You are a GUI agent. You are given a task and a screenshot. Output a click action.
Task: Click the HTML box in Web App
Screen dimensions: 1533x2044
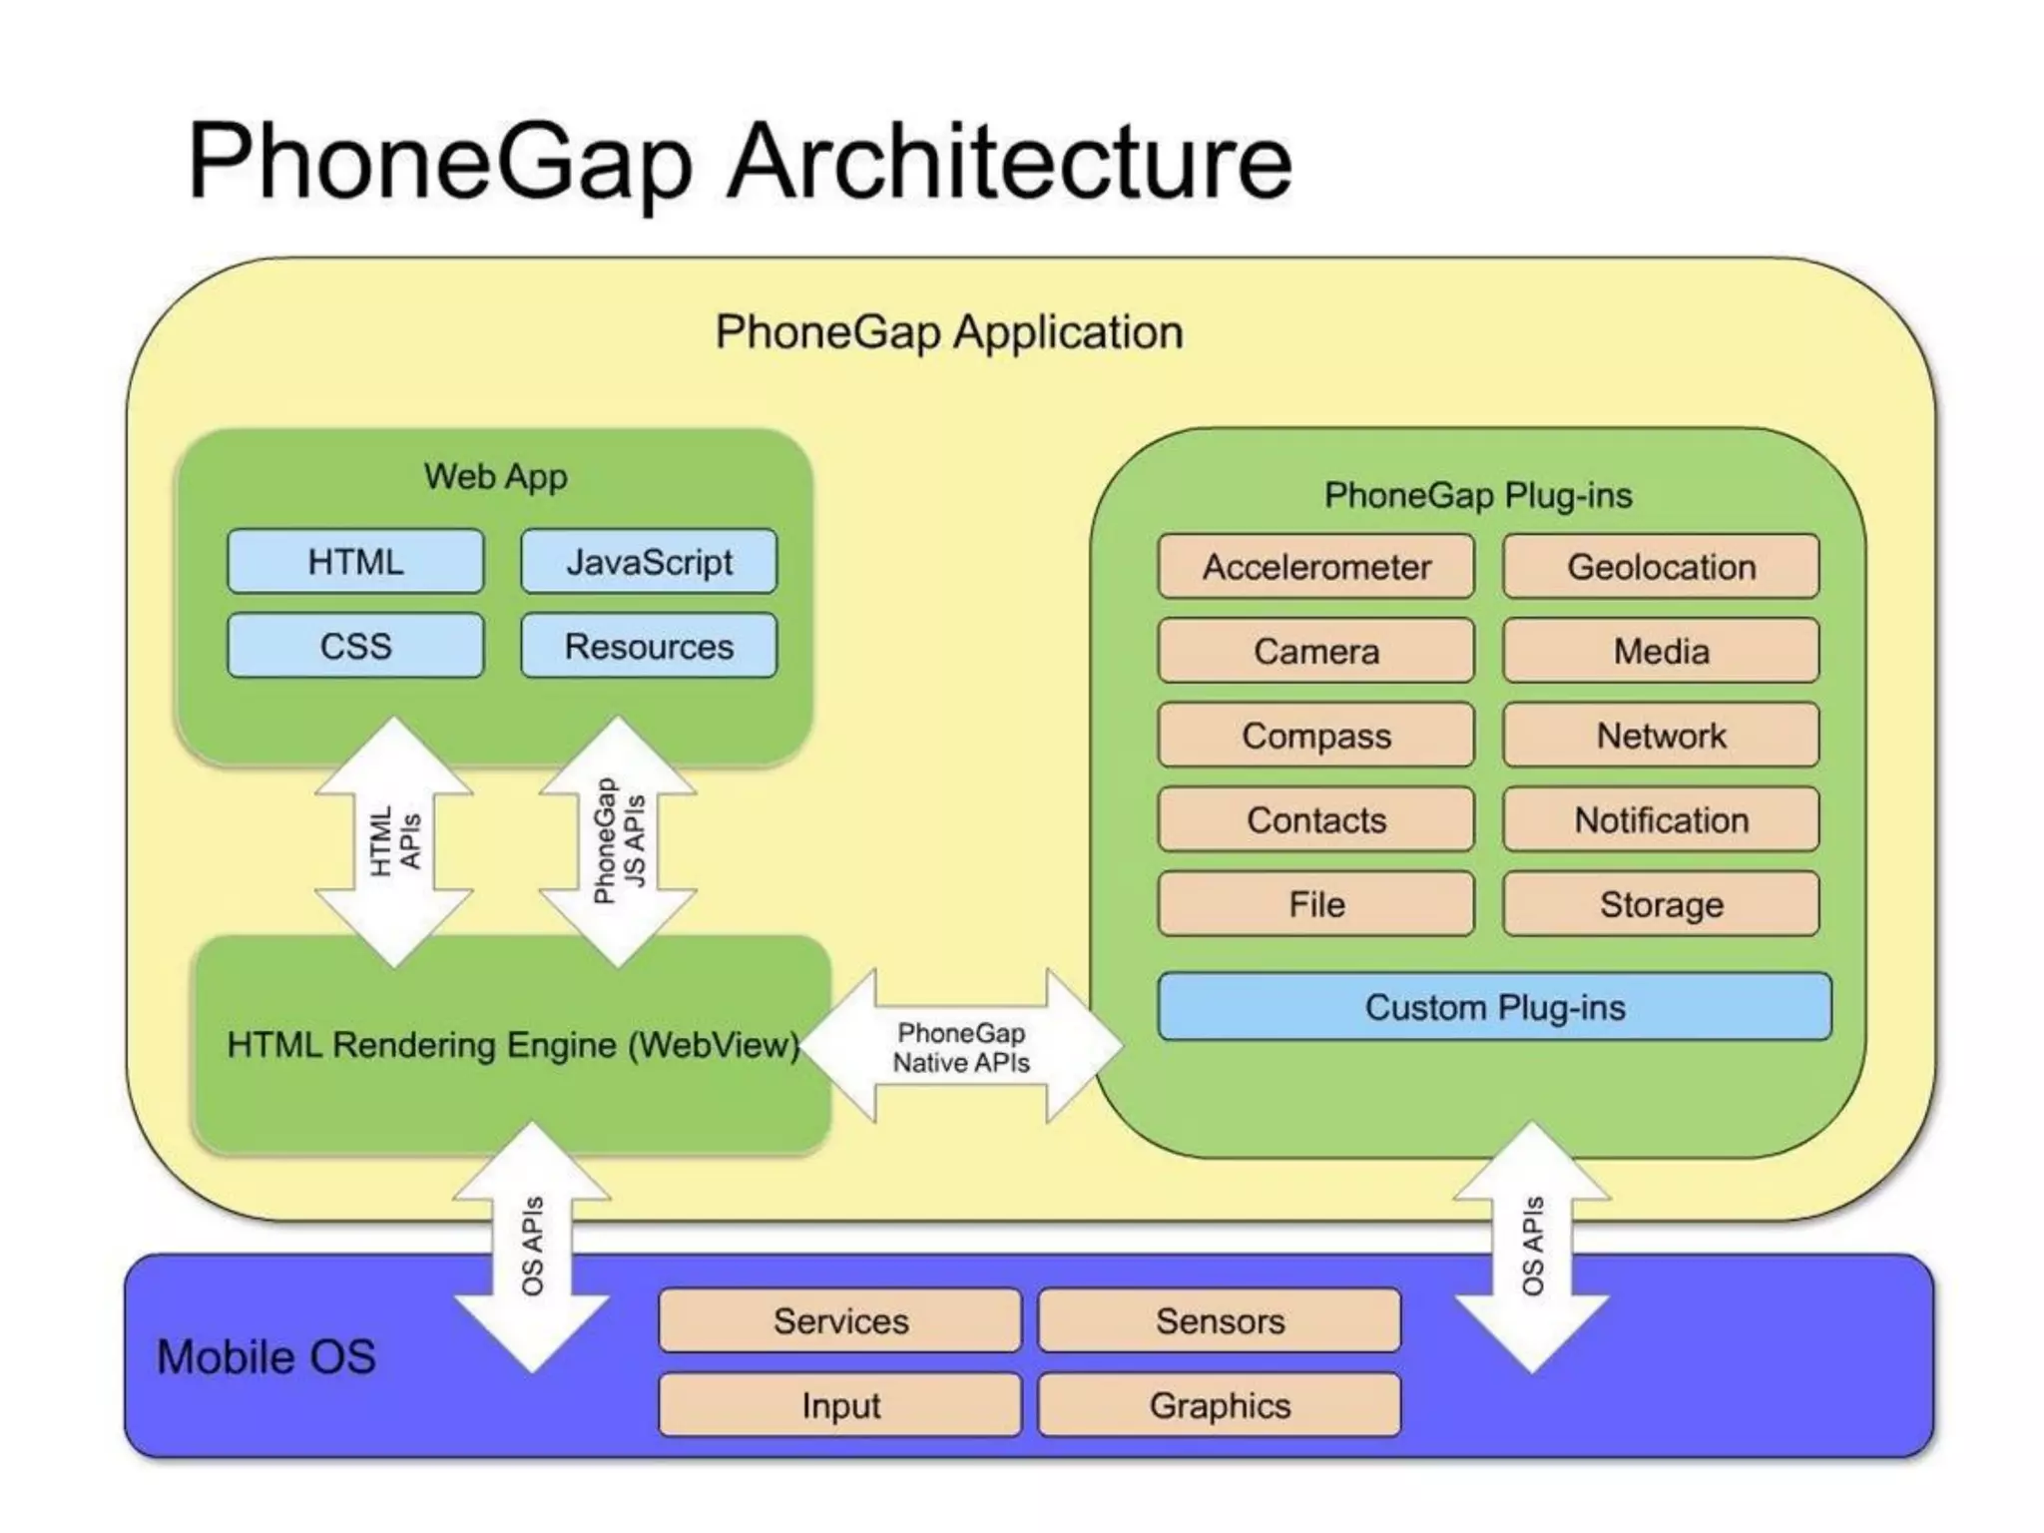pos(355,562)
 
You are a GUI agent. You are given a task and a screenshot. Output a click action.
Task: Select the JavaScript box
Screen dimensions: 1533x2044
pos(649,562)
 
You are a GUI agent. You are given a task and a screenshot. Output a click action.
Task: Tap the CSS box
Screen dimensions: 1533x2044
pos(355,646)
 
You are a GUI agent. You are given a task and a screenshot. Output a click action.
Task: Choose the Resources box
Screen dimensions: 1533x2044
pos(649,646)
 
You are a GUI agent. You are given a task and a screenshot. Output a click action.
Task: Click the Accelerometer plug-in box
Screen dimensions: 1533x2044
pos(1315,567)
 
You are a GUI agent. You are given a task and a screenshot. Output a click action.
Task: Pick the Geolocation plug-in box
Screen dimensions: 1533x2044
pos(1661,567)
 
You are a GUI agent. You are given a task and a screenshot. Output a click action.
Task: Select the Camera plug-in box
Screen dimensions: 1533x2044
pos(1315,651)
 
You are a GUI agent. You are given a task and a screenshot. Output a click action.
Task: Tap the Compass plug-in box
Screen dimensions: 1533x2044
pos(1315,736)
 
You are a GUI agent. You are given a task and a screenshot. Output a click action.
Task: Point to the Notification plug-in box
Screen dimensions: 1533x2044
pos(1661,819)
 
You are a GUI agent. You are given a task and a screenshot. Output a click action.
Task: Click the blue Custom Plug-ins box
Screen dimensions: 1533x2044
pos(1494,1007)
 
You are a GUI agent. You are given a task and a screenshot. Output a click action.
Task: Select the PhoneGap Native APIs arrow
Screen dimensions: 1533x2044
pos(961,1047)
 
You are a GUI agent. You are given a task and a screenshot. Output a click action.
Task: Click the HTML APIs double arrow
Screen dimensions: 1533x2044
pos(394,841)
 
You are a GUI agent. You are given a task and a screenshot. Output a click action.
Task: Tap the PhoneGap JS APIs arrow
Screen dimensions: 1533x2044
pos(618,841)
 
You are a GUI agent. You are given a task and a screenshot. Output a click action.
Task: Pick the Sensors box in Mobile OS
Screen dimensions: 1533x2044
pos(1220,1320)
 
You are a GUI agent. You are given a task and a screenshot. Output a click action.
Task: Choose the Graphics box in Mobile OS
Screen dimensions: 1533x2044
pos(1220,1405)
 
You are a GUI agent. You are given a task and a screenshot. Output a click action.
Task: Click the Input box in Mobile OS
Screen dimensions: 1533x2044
pos(840,1405)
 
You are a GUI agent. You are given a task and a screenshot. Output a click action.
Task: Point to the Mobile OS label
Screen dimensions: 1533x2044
pos(266,1356)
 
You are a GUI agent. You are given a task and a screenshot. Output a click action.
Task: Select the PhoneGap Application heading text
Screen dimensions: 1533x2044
pos(949,332)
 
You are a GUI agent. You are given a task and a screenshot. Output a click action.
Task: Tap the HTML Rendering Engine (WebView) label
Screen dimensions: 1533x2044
pos(513,1045)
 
